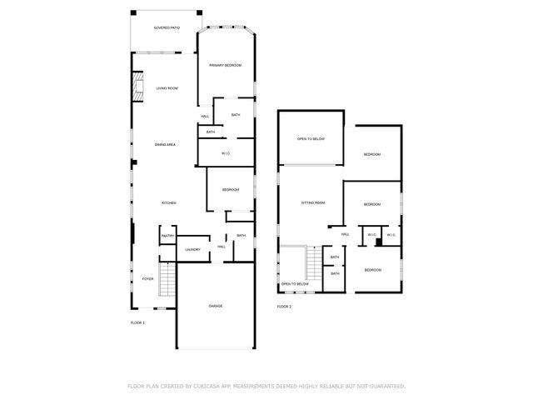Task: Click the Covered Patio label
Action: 167,27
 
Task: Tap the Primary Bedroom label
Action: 225,65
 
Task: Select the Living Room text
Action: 167,87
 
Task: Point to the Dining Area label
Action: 165,144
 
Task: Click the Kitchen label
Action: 168,203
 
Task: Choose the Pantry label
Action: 167,236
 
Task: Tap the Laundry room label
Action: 192,249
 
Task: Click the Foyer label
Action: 147,279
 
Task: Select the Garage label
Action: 215,306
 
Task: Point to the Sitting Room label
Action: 312,202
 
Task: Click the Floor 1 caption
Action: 137,322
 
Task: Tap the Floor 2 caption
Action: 285,307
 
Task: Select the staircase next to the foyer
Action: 167,279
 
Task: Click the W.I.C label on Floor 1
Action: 226,153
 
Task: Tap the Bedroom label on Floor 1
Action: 231,190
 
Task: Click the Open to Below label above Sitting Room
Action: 311,138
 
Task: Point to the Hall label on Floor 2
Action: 344,235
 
